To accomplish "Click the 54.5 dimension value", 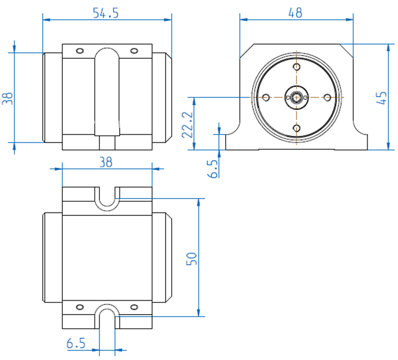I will point(106,13).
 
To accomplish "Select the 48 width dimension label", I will point(295,12).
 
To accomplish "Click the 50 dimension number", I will point(191,259).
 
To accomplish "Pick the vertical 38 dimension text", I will point(8,99).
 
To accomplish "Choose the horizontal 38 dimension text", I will point(106,162).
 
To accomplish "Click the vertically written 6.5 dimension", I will point(212,168).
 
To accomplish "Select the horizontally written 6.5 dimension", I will point(75,343).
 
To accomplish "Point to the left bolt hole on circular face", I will point(265,98).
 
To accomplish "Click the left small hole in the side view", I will point(80,51).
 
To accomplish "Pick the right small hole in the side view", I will point(134,51).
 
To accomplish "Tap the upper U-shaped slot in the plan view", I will point(107,199).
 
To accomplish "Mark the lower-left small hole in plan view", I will point(80,307).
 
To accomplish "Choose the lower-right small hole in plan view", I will point(134,307).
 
